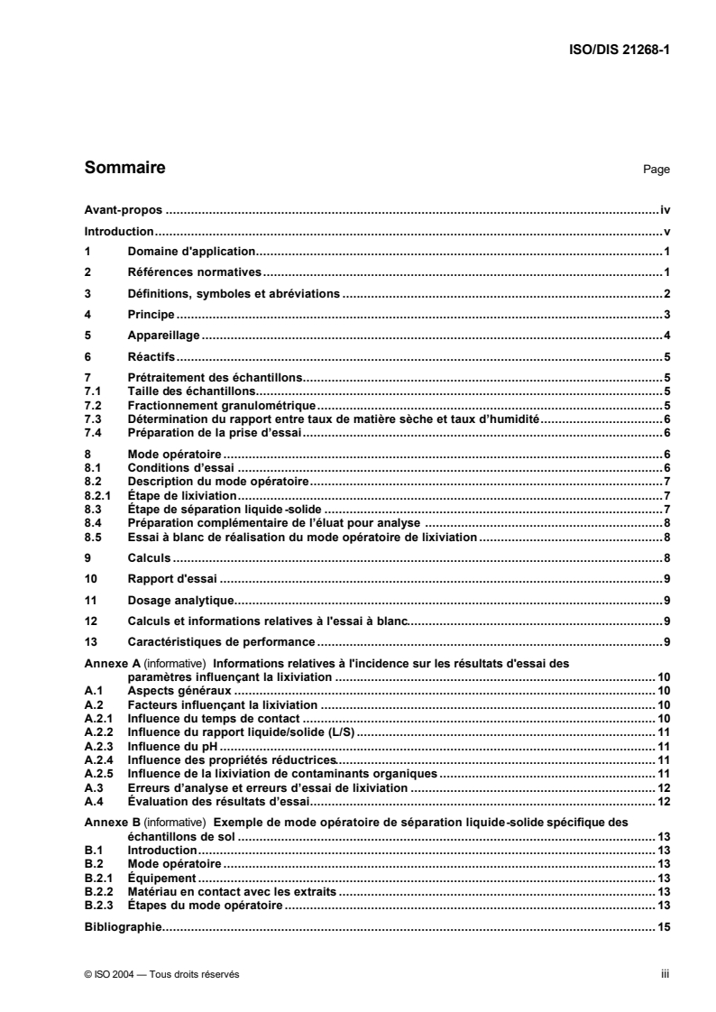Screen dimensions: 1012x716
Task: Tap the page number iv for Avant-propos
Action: pyautogui.click(x=664, y=209)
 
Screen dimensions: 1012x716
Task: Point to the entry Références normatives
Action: pyautogui.click(x=194, y=272)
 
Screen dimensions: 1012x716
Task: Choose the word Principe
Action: pyautogui.click(x=151, y=315)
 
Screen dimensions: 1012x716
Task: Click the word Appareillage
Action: pyautogui.click(x=163, y=336)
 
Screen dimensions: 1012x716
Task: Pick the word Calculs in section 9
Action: pyautogui.click(x=149, y=559)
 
